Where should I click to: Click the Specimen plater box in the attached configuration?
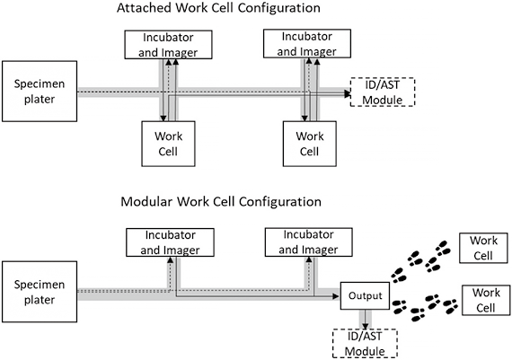pos(40,91)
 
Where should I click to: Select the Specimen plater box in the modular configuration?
pos(40,292)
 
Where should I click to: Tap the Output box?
pos(365,295)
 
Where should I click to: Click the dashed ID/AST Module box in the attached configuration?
pos(383,92)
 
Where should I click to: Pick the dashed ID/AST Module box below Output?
pos(365,344)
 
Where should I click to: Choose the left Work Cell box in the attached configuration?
pos(168,144)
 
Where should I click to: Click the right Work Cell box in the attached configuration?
pos(310,144)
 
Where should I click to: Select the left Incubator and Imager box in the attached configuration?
pos(169,45)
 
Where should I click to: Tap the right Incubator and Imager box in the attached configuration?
pos(307,43)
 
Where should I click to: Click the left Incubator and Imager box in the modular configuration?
pos(170,242)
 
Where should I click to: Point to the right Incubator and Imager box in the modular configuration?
pos(309,241)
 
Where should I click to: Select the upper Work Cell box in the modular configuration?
pos(483,248)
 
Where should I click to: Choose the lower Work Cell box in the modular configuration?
pos(486,300)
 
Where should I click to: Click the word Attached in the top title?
pos(144,8)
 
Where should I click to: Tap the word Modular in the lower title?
pos(146,201)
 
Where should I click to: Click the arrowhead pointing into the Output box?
pos(336,296)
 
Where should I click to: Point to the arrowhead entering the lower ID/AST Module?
pos(366,326)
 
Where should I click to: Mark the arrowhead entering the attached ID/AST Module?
pos(348,94)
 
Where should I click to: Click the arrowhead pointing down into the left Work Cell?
pos(163,119)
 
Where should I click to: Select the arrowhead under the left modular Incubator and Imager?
pos(170,259)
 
